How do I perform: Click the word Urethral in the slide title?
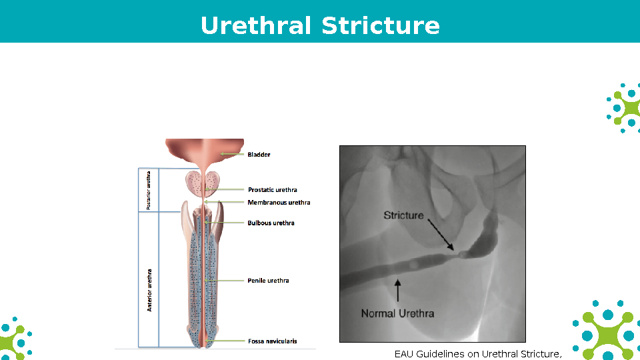(x=256, y=25)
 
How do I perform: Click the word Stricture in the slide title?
(x=380, y=25)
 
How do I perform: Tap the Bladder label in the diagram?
(x=259, y=155)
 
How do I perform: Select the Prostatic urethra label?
(x=272, y=190)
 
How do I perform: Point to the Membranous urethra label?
(x=279, y=203)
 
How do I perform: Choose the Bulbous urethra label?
(x=271, y=223)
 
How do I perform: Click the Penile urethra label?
(x=268, y=281)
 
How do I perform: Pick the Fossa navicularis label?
(x=272, y=341)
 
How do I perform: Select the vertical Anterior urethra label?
(x=149, y=289)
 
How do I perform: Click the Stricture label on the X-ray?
(x=403, y=215)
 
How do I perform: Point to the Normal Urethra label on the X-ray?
(x=397, y=313)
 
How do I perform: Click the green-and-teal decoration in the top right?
(x=624, y=107)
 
